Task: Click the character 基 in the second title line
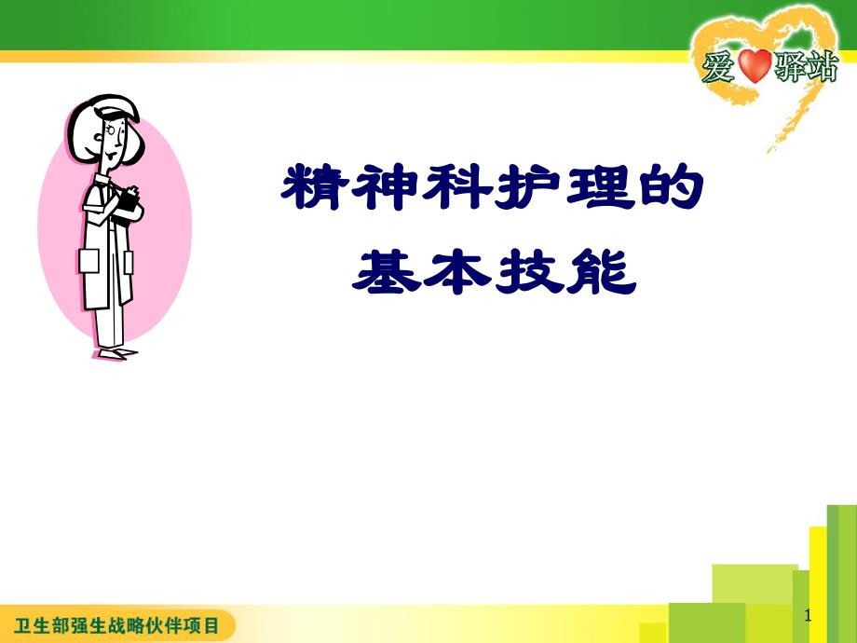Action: coord(385,270)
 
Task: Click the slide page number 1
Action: coord(807,616)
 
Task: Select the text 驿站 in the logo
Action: coord(807,68)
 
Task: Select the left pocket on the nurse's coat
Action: coord(89,260)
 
